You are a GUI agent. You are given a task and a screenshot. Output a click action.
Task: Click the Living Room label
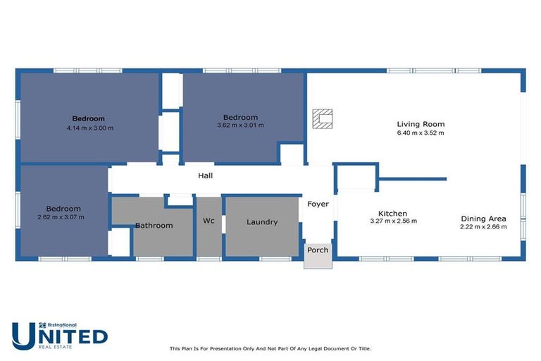click(421, 124)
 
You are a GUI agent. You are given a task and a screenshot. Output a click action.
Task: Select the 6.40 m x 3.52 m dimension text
click(421, 133)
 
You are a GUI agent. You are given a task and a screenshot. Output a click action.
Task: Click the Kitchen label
click(392, 213)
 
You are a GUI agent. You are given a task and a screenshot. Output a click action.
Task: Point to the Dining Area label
click(483, 219)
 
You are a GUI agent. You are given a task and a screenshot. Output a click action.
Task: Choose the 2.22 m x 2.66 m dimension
click(483, 227)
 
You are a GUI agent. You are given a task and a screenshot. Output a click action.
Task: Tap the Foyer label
click(318, 204)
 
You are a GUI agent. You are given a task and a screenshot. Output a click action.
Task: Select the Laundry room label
click(262, 222)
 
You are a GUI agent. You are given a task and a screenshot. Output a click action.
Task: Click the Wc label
click(209, 221)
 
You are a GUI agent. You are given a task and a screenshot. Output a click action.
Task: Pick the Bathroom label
click(154, 226)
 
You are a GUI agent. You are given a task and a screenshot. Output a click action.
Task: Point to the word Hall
click(205, 176)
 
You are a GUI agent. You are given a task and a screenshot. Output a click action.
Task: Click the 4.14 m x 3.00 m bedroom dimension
click(89, 128)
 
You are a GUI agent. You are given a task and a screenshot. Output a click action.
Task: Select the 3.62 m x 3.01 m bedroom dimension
click(240, 126)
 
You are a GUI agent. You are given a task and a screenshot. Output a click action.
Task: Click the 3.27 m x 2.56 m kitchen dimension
click(393, 221)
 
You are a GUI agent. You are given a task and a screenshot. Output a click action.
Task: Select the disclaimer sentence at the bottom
click(270, 348)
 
